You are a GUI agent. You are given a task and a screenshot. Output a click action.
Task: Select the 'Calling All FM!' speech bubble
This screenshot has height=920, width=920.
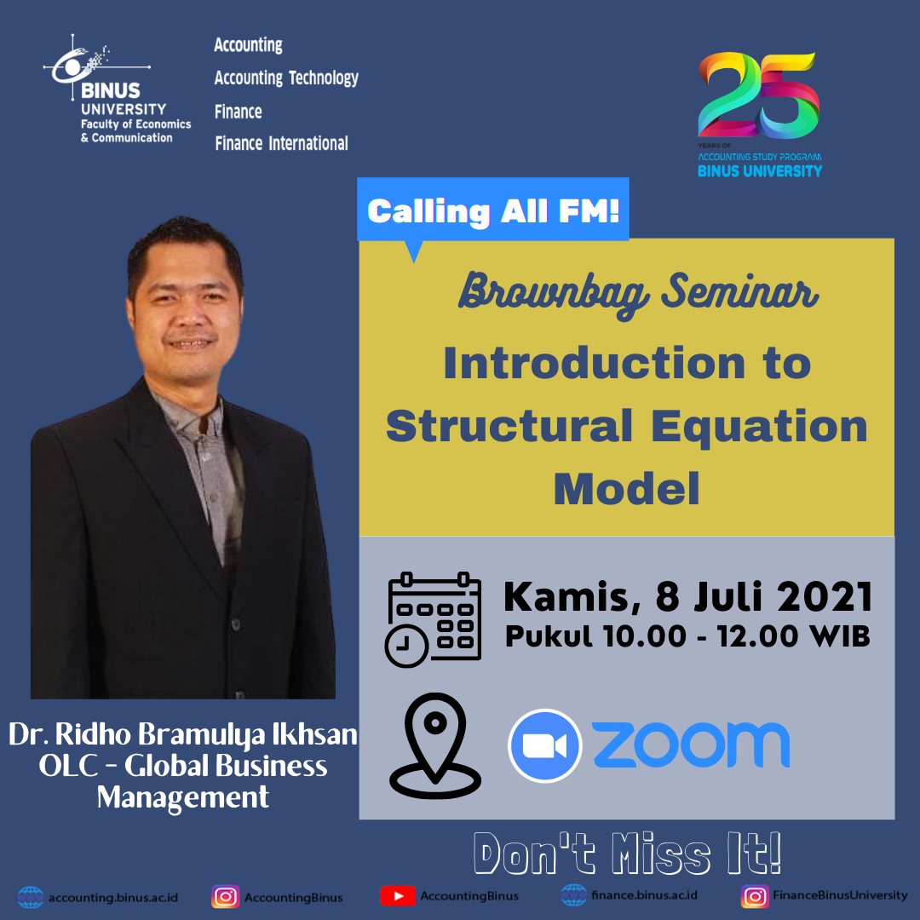[493, 211]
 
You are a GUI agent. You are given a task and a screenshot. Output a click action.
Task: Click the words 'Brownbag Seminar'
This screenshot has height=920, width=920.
[638, 293]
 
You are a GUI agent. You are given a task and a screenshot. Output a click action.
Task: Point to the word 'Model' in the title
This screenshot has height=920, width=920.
[627, 488]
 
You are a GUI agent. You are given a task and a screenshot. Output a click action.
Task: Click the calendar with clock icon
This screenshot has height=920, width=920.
[433, 619]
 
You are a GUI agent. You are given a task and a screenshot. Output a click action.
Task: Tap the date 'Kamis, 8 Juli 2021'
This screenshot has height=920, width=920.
[687, 597]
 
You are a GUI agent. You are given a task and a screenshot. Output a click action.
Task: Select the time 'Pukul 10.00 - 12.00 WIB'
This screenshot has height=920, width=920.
[687, 636]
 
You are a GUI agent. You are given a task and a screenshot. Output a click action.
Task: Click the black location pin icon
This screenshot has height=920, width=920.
[435, 745]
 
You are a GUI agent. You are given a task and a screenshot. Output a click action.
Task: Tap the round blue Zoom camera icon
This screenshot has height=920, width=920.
[545, 745]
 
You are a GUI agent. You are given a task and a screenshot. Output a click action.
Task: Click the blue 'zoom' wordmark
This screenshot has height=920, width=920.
[691, 745]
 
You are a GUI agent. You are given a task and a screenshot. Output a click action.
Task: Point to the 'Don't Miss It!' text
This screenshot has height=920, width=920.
[627, 853]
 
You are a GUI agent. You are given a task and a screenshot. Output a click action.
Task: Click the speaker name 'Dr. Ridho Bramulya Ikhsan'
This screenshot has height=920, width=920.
[183, 734]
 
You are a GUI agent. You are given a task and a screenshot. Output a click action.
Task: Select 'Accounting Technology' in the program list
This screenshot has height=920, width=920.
[286, 78]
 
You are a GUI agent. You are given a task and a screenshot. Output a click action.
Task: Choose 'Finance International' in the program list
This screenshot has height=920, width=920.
[282, 143]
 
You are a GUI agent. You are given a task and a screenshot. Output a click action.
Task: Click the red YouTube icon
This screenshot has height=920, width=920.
[398, 896]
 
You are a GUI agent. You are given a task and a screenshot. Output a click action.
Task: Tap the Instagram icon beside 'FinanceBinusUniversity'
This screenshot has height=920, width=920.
[755, 896]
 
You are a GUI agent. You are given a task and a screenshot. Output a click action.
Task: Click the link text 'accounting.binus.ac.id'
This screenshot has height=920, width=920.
[113, 898]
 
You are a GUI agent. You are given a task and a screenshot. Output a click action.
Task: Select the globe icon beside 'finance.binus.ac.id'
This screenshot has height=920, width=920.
[574, 895]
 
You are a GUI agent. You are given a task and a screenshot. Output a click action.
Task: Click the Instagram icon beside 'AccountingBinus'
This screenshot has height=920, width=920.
[225, 896]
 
